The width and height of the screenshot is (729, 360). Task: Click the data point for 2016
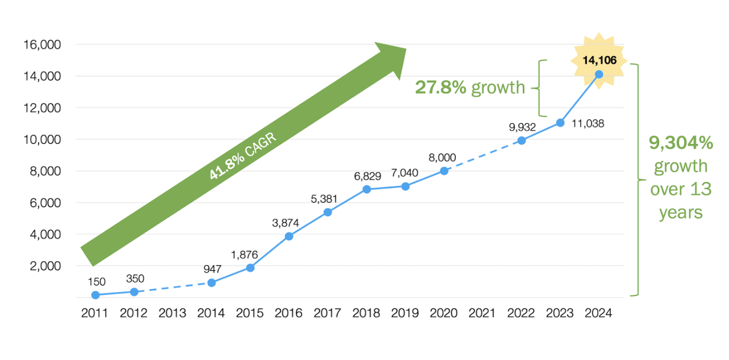point(289,236)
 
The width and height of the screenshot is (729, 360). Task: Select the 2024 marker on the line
point(599,75)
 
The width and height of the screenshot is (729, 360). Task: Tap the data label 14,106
point(599,60)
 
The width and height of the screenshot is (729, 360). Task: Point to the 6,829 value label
point(366,176)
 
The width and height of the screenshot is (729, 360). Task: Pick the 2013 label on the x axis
point(173,314)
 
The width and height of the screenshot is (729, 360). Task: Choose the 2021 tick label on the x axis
point(482,314)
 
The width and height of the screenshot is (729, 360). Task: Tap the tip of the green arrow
point(405,49)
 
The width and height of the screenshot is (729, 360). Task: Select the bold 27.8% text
point(440,88)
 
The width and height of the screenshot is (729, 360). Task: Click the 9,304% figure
point(681,143)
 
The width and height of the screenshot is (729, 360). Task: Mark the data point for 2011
point(95,295)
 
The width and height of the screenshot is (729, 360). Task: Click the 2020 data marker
point(444,171)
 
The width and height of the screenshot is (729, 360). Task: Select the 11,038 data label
point(587,124)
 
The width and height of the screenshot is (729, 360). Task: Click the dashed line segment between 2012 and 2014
point(173,288)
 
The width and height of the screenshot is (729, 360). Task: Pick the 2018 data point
point(367,189)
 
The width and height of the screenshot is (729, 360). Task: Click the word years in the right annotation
point(680,212)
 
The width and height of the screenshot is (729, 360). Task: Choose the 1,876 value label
point(244,255)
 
